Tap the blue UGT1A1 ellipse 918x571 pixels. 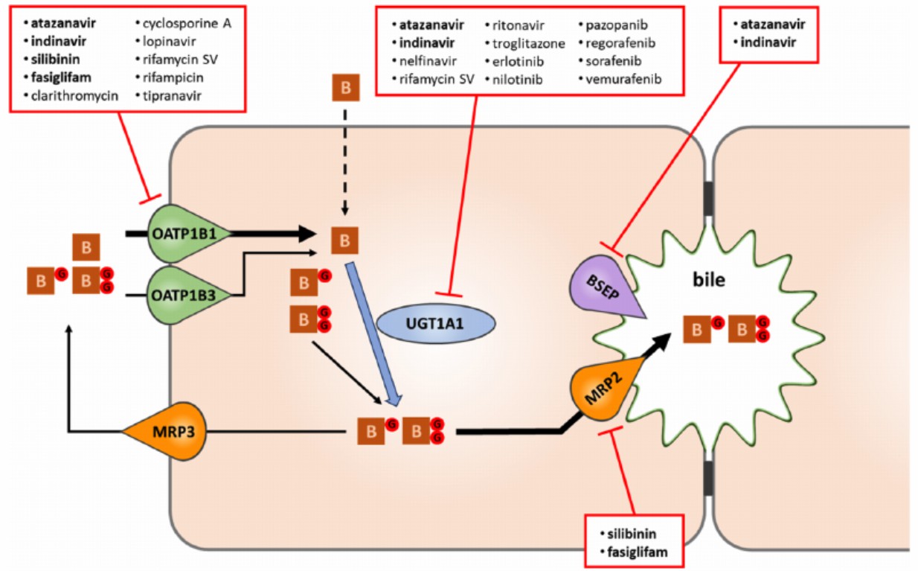click(435, 324)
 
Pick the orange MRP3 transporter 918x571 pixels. click(166, 430)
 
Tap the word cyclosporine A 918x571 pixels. click(187, 23)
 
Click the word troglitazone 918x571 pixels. click(529, 43)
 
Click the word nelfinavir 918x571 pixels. click(428, 61)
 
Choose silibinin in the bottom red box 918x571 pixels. click(632, 534)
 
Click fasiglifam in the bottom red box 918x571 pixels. click(637, 552)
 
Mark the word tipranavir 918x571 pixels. click(172, 95)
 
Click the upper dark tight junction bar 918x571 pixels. click(708, 200)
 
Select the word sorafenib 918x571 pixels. click(614, 61)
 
